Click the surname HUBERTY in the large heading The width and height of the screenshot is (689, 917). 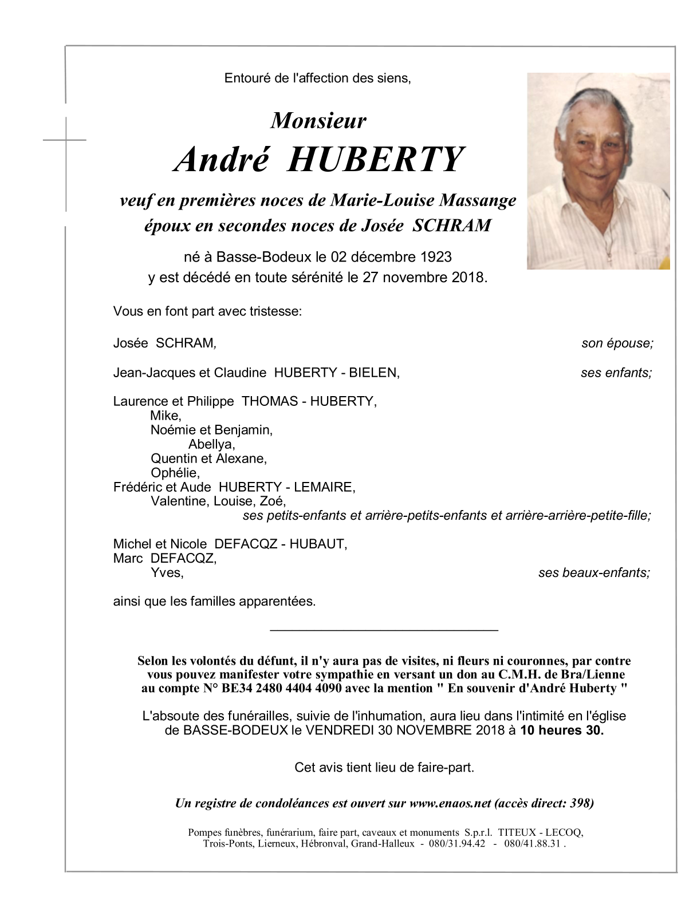click(375, 160)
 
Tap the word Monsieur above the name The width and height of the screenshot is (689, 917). click(318, 121)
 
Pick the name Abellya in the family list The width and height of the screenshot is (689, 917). click(211, 444)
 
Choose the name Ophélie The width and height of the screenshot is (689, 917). click(175, 473)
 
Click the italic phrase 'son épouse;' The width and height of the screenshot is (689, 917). click(617, 343)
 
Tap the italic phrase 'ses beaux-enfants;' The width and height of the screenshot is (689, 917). click(594, 573)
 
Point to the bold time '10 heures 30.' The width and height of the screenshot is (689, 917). click(561, 730)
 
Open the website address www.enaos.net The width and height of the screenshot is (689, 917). click(450, 803)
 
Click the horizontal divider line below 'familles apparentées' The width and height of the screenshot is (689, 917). click(384, 630)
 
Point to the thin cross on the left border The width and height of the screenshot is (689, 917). click(66, 139)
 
